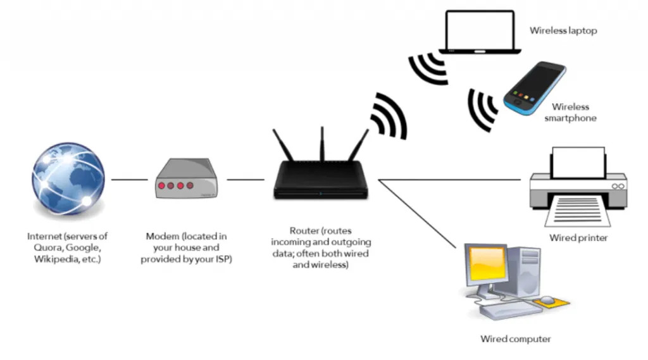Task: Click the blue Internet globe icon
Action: pyautogui.click(x=68, y=180)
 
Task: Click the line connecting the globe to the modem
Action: pyautogui.click(x=129, y=180)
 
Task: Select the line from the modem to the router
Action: pyautogui.click(x=245, y=180)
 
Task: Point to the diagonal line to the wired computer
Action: pyautogui.click(x=418, y=212)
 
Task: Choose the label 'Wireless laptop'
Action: pyautogui.click(x=563, y=30)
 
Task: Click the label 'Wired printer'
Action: pyautogui.click(x=578, y=238)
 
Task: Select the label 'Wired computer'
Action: pyautogui.click(x=515, y=339)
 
